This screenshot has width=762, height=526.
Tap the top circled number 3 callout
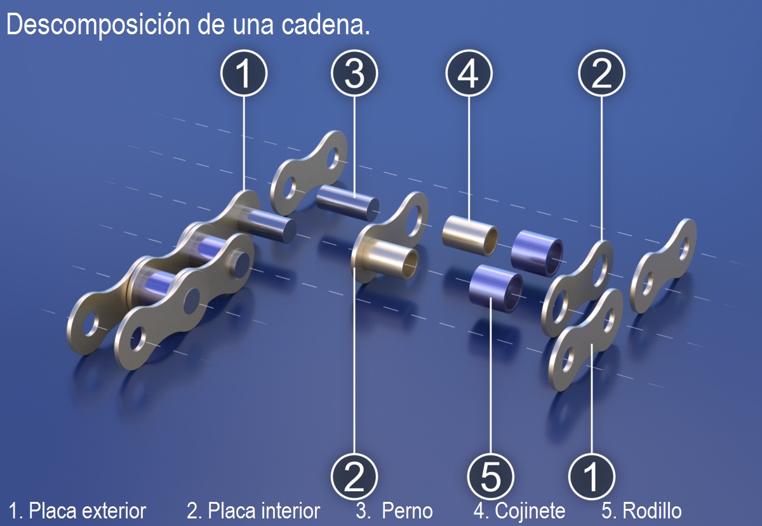coord(355,74)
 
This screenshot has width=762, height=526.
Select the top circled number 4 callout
coord(469,74)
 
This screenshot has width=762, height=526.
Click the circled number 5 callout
coord(491,477)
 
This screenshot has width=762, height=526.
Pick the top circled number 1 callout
coord(244,74)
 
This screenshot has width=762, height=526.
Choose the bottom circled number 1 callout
coord(591,477)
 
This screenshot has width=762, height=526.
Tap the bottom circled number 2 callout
coord(355,477)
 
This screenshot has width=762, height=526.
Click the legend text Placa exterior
coord(88,511)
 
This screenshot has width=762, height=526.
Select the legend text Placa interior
coord(264,511)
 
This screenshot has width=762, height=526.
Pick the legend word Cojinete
coord(530,511)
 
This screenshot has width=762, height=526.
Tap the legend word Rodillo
coord(652,511)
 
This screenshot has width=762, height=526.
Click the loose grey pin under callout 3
coord(348,202)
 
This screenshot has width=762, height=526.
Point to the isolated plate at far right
coord(663,266)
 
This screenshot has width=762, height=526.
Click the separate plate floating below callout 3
coord(309,171)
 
